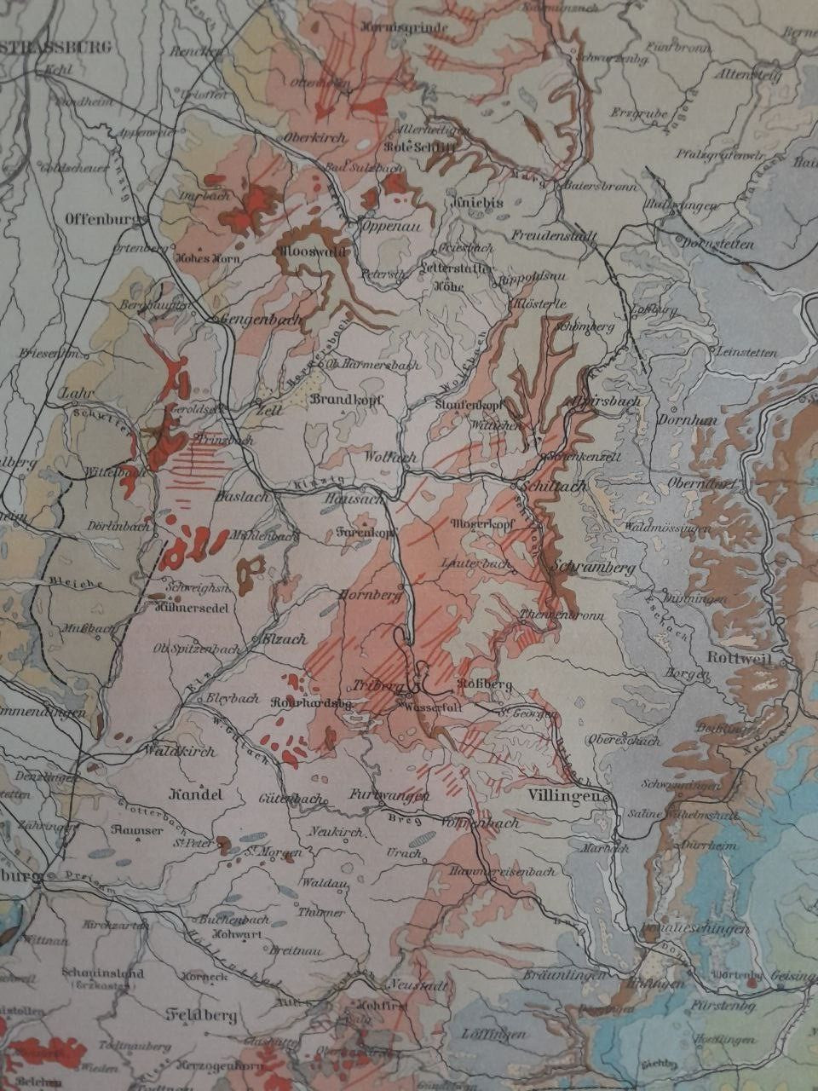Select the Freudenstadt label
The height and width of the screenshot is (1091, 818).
tap(554, 234)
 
